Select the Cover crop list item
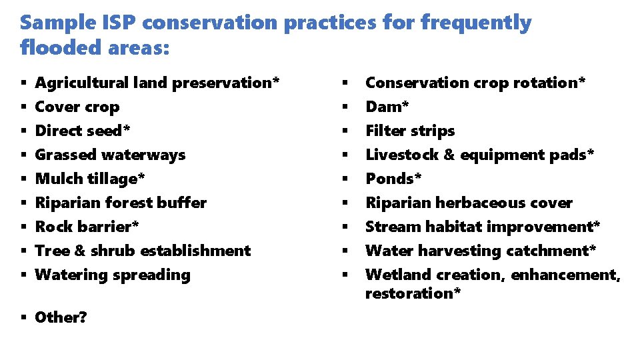(77, 107)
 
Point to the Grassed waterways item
(110, 155)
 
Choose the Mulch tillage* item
(90, 179)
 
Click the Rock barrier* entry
(87, 227)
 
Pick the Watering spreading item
(113, 275)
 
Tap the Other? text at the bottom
(61, 317)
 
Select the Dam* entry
(387, 107)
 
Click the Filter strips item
(410, 131)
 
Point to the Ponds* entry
(394, 179)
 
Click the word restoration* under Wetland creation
(413, 293)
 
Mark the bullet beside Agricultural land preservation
(23, 83)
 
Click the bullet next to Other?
(23, 318)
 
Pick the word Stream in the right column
(390, 227)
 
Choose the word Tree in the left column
(49, 251)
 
